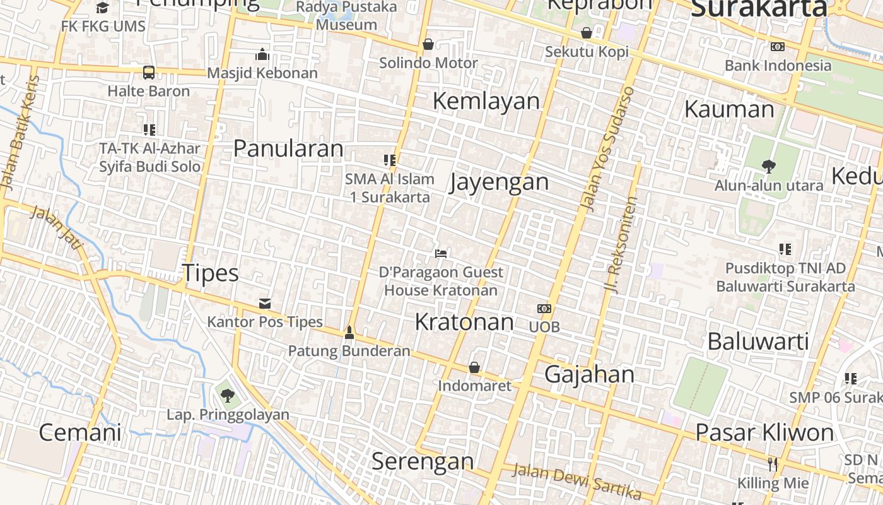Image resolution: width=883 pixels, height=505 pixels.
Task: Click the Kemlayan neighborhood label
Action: click(486, 101)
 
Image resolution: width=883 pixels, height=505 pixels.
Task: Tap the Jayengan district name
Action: click(499, 182)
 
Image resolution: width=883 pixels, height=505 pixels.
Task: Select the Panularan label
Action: click(288, 148)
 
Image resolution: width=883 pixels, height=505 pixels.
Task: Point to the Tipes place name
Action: click(211, 273)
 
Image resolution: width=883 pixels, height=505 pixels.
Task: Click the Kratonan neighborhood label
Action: click(464, 322)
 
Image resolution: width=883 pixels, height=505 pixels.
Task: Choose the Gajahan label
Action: click(589, 374)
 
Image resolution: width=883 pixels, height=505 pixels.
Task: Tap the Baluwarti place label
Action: click(758, 341)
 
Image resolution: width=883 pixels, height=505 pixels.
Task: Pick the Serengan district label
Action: click(422, 461)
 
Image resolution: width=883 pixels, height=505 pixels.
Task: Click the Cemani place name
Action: click(80, 432)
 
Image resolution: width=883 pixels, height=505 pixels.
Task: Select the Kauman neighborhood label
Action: click(729, 109)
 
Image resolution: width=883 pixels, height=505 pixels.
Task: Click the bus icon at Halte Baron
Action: click(149, 73)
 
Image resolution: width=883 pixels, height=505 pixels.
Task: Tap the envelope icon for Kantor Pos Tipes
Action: click(265, 304)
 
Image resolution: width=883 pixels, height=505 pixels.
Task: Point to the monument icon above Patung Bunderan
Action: click(349, 333)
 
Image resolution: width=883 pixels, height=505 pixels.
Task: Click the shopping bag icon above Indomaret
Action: click(474, 367)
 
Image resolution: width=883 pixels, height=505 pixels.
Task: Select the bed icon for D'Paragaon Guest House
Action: click(441, 254)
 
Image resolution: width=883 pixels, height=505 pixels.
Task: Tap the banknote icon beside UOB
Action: click(544, 309)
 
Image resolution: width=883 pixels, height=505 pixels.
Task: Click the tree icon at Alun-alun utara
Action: click(768, 167)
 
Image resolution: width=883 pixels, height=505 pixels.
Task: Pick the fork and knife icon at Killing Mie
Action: click(773, 465)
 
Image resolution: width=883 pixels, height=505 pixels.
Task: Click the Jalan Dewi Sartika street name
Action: click(576, 480)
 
